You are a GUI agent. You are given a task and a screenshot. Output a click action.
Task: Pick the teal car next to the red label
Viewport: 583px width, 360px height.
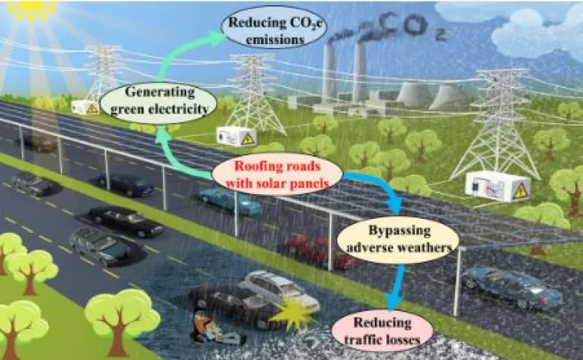coord(229,200)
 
